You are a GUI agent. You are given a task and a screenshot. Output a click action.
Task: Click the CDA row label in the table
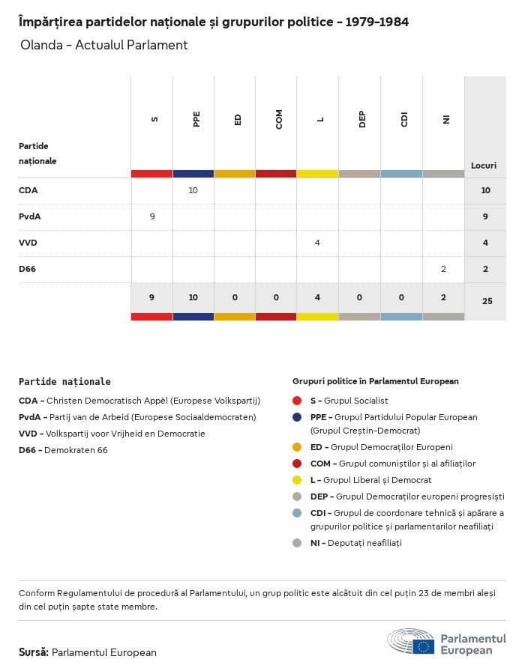(x=28, y=190)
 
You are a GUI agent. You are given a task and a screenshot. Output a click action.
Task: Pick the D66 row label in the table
(x=28, y=269)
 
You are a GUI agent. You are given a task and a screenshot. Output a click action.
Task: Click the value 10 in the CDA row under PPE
(x=193, y=190)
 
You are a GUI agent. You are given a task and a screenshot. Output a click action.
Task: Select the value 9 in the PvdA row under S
(x=151, y=216)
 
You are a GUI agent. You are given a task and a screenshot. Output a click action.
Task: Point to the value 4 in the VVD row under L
(x=318, y=243)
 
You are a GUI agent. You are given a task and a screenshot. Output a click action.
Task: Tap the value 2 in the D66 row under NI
(x=443, y=269)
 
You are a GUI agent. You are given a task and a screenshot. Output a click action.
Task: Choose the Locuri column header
(x=484, y=165)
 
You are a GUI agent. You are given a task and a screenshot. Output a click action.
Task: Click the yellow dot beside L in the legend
(x=297, y=480)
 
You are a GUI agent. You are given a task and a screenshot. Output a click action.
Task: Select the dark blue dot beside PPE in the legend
(x=297, y=417)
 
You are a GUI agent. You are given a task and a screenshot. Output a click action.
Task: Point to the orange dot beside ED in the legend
(x=297, y=447)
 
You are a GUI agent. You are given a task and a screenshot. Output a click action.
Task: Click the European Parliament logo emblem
(x=411, y=643)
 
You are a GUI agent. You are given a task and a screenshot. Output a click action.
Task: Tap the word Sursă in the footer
(x=34, y=652)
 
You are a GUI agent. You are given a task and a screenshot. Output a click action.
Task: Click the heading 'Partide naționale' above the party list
(x=64, y=382)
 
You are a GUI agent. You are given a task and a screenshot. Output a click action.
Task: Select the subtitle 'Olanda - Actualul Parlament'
(x=104, y=45)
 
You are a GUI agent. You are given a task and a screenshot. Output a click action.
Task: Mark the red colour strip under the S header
(x=151, y=174)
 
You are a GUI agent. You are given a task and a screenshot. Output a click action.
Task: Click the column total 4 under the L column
(x=318, y=297)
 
